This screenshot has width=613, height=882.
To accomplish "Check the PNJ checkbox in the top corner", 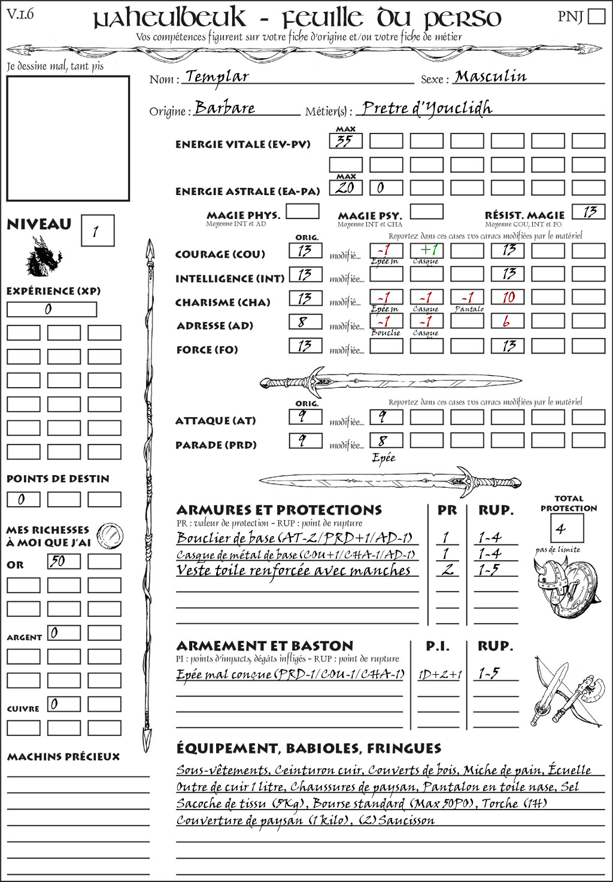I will tap(596, 16).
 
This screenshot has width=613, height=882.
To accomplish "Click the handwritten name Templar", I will tap(216, 77).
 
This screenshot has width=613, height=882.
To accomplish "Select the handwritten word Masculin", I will tap(490, 77).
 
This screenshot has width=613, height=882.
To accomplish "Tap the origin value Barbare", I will tap(224, 108).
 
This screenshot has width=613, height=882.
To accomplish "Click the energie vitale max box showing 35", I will tap(345, 141).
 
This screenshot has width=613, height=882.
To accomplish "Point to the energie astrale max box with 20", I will tap(345, 187).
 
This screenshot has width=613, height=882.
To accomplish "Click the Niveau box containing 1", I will tap(97, 231).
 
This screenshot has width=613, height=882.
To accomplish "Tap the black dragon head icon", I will tap(44, 257).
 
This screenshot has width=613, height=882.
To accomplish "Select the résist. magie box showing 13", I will tap(588, 212).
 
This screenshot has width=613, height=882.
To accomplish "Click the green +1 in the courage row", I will tap(426, 250).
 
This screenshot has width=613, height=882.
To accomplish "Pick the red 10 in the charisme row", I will tap(508, 297).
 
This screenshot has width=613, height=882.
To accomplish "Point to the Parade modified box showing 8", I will tap(386, 440).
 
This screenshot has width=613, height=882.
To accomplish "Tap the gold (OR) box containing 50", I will tap(63, 561).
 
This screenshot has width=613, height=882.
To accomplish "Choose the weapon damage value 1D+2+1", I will tap(439, 674).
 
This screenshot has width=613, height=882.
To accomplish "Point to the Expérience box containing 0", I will tap(51, 309).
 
